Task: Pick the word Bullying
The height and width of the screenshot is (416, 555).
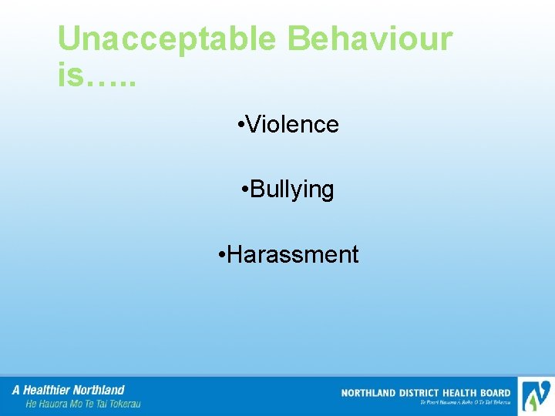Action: pos(292,190)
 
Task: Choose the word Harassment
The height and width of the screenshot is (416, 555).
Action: pos(293,254)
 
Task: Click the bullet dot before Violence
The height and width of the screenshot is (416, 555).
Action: pos(242,124)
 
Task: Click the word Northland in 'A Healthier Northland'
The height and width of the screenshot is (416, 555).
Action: pos(99,390)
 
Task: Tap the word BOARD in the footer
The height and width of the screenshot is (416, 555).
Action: pos(497,393)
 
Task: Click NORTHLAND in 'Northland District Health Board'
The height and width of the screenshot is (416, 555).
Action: pos(368,393)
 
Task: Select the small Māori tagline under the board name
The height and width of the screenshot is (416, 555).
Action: pos(465,402)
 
